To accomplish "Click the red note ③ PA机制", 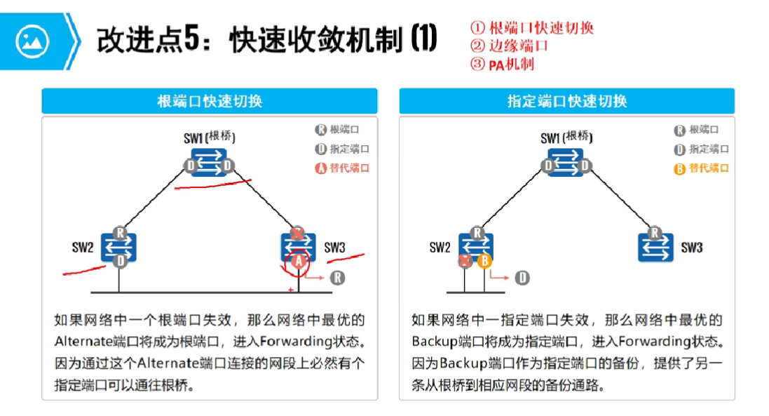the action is (503, 65).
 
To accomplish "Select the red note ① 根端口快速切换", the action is (532, 28).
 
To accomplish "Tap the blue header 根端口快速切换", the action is (210, 101).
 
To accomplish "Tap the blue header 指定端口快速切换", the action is (567, 101).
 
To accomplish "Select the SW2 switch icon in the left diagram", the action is (118, 247).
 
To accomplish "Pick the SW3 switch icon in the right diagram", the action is (655, 247).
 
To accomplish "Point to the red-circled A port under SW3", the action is (299, 261).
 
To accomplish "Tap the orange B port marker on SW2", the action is (484, 261).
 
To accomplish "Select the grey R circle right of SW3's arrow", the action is (338, 278).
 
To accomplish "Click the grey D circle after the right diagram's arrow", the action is (522, 278).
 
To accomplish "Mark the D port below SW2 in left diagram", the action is (121, 261).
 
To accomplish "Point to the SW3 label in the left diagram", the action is (335, 248).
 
